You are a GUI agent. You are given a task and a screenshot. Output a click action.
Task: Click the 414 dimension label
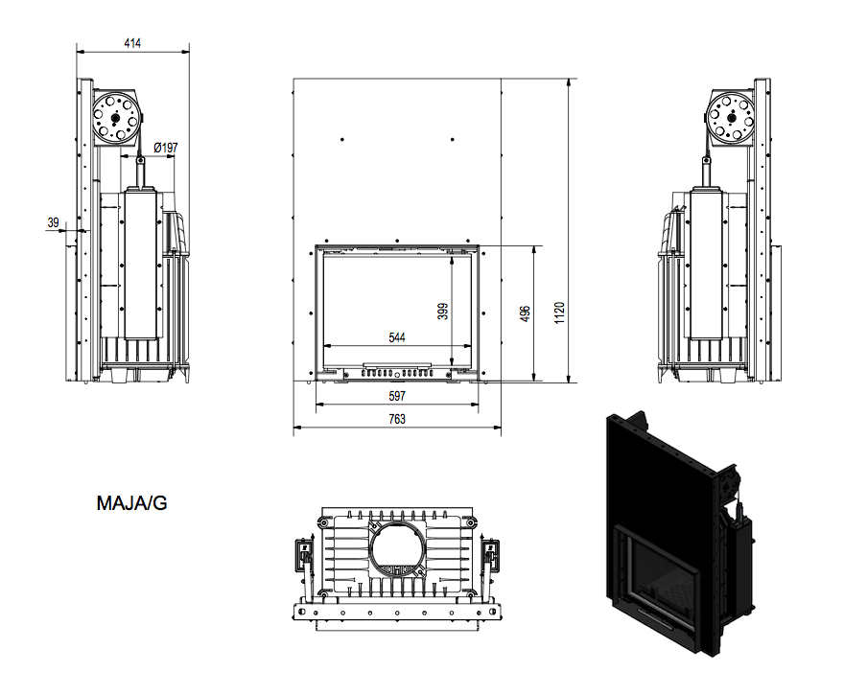point(132,43)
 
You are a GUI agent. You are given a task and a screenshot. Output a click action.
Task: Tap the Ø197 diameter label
point(165,148)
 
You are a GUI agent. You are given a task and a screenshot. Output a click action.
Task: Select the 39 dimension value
point(53,222)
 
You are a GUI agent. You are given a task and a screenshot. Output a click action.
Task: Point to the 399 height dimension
point(442,312)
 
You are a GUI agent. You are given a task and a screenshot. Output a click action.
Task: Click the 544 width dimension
point(397,337)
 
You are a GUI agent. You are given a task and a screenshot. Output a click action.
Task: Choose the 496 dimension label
point(526,313)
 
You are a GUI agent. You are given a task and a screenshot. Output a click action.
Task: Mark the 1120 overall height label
point(560,313)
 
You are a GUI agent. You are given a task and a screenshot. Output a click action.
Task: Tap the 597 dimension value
point(397,396)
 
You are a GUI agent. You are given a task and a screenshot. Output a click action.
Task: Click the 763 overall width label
point(397,419)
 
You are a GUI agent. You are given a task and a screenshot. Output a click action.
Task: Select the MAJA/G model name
point(132,503)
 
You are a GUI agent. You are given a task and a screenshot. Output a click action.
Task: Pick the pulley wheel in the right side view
point(731,117)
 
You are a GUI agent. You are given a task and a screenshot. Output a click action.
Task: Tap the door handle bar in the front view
point(397,364)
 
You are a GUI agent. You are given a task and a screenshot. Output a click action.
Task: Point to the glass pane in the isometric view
point(660,581)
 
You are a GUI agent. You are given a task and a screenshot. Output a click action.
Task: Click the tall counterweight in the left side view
point(141,263)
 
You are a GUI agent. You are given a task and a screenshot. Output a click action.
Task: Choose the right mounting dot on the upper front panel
point(452,140)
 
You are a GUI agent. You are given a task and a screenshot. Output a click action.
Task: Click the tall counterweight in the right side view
point(706,263)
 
